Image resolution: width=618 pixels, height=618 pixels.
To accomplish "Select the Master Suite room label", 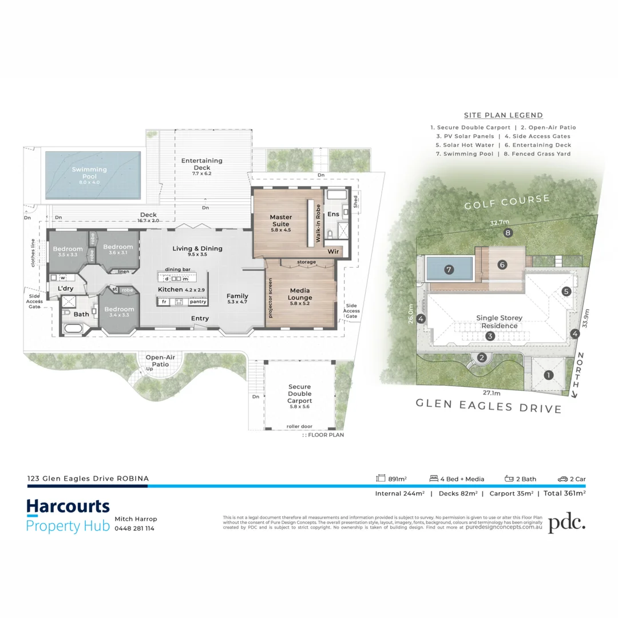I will click(x=281, y=220).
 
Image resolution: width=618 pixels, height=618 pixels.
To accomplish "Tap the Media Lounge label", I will click(x=300, y=294).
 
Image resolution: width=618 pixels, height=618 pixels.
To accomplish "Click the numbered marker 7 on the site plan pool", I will click(x=449, y=268).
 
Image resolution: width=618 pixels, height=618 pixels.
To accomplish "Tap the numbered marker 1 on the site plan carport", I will click(x=548, y=375).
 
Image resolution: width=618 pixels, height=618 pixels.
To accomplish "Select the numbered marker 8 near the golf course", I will click(x=507, y=233).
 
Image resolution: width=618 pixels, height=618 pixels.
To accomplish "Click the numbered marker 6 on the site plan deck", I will click(x=502, y=265).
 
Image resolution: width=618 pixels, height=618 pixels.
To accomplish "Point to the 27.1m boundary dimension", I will click(x=491, y=394).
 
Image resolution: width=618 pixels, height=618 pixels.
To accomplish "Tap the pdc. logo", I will click(x=566, y=522).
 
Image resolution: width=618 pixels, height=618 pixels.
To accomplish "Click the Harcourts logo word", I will click(x=68, y=507).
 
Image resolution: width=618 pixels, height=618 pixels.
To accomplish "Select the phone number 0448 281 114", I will click(x=134, y=528).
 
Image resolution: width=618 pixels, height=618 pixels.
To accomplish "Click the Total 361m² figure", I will click(x=564, y=493).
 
